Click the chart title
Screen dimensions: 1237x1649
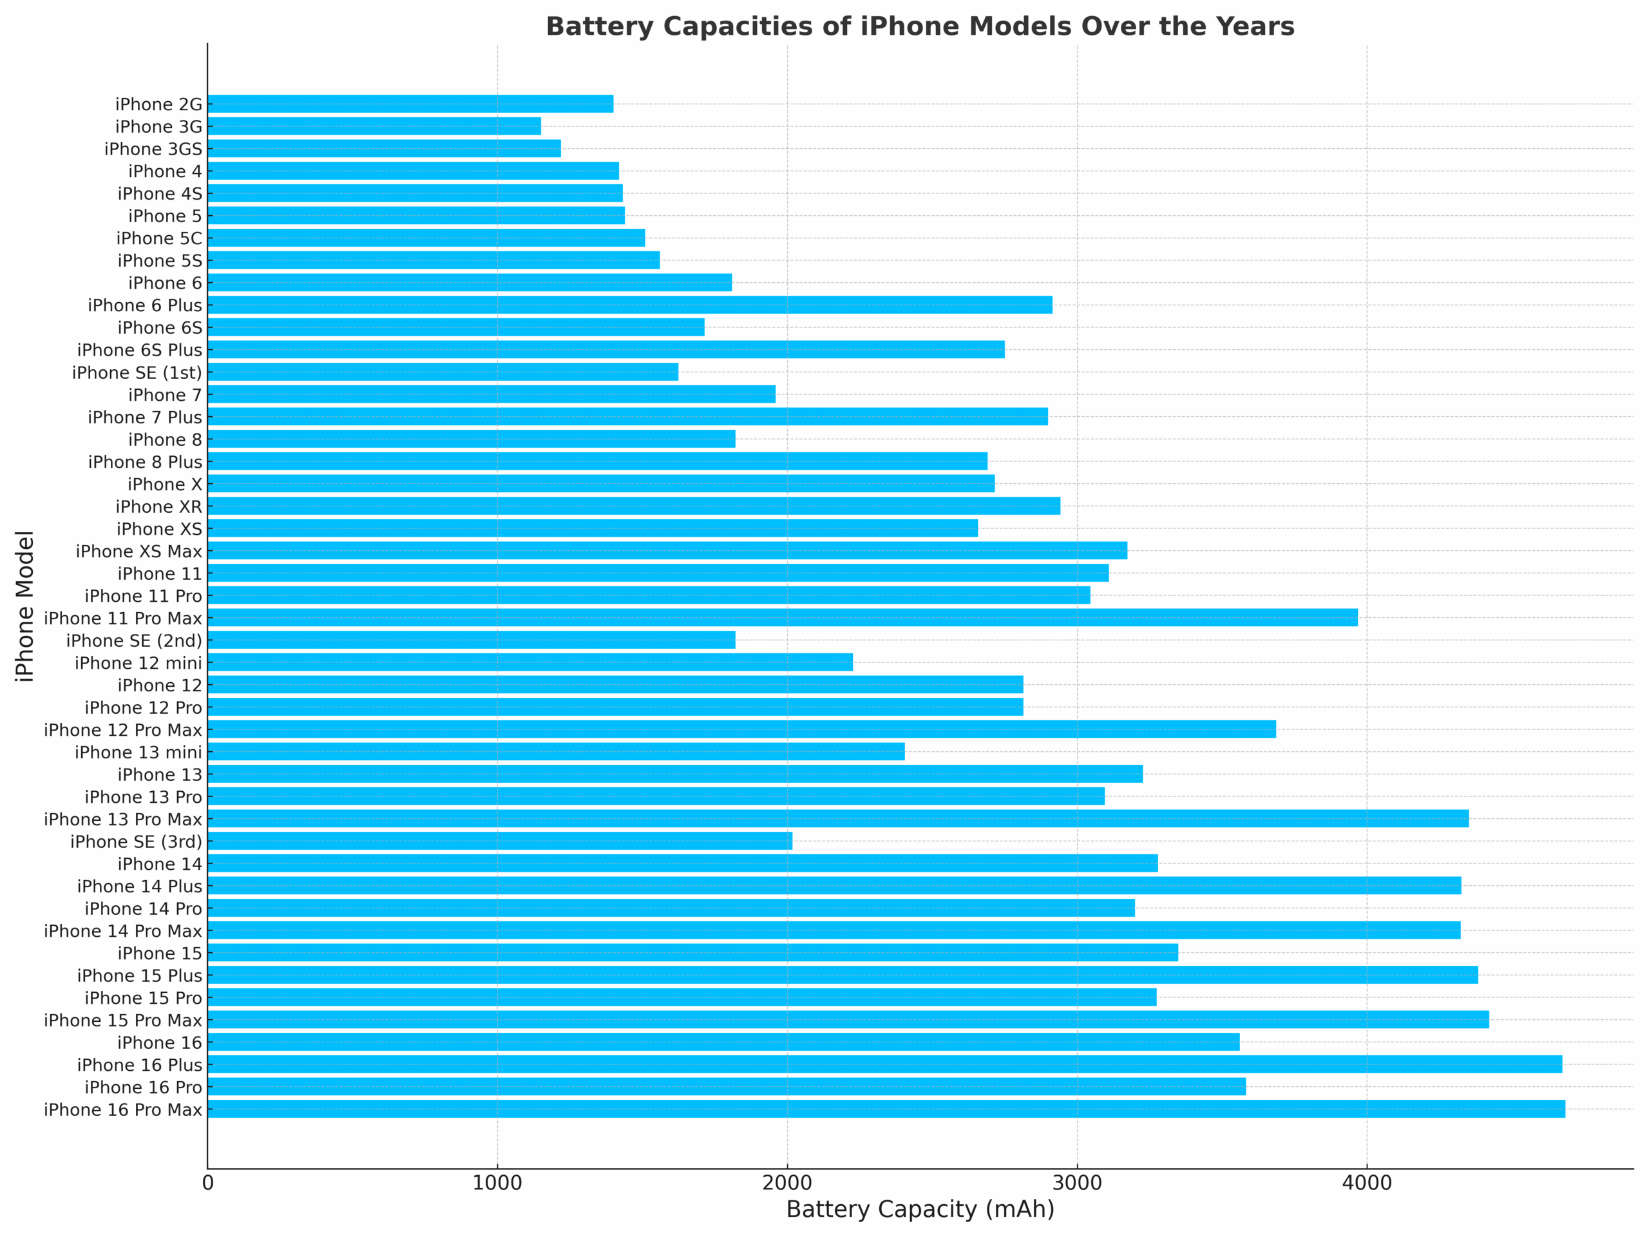coord(920,27)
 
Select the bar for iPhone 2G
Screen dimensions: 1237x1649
coord(410,104)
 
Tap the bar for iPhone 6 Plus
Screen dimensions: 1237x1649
coord(630,305)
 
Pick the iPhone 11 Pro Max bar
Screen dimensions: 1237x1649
coord(783,617)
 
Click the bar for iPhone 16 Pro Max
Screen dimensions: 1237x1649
coord(886,1109)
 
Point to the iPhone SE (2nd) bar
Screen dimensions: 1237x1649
coord(471,640)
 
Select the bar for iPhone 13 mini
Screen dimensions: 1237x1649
coord(556,752)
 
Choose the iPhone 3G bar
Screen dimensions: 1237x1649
coord(374,126)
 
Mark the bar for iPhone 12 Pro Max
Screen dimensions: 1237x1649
coord(742,729)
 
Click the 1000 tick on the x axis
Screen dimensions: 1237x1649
coord(497,1184)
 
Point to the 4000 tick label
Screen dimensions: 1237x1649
coord(1366,1184)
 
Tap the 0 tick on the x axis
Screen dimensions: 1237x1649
coord(208,1184)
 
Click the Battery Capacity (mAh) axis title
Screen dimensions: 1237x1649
coord(920,1209)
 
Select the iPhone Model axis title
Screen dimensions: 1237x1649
coord(24,606)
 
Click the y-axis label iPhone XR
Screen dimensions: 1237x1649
coord(159,507)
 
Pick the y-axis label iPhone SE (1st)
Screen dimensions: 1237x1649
coord(137,373)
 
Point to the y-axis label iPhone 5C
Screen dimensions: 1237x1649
coord(159,238)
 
